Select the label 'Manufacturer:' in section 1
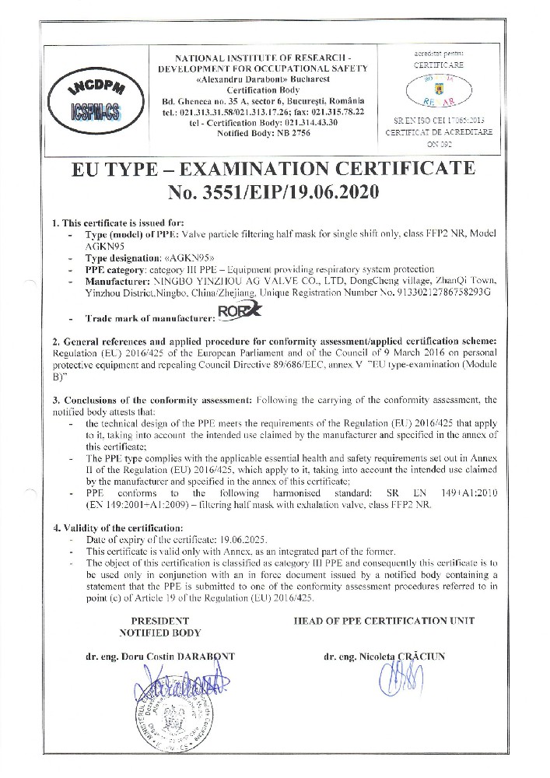(x=117, y=284)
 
